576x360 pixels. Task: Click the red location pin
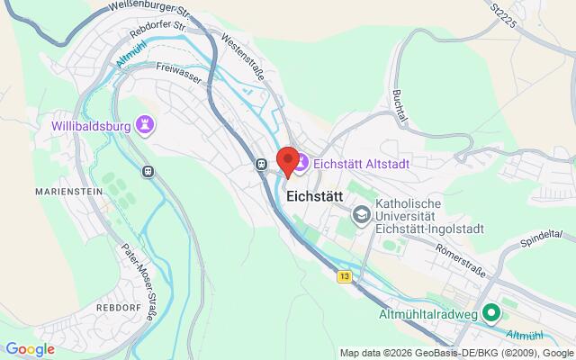click(x=288, y=160)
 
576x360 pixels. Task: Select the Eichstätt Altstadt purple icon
click(x=301, y=163)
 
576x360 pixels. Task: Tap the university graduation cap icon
click(x=361, y=214)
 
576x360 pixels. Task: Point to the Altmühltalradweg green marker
click(x=491, y=313)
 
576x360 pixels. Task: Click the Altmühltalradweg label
click(x=427, y=313)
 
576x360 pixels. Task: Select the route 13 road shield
click(x=345, y=277)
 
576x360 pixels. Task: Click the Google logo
click(x=30, y=349)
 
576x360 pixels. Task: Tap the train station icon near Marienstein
click(x=148, y=170)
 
